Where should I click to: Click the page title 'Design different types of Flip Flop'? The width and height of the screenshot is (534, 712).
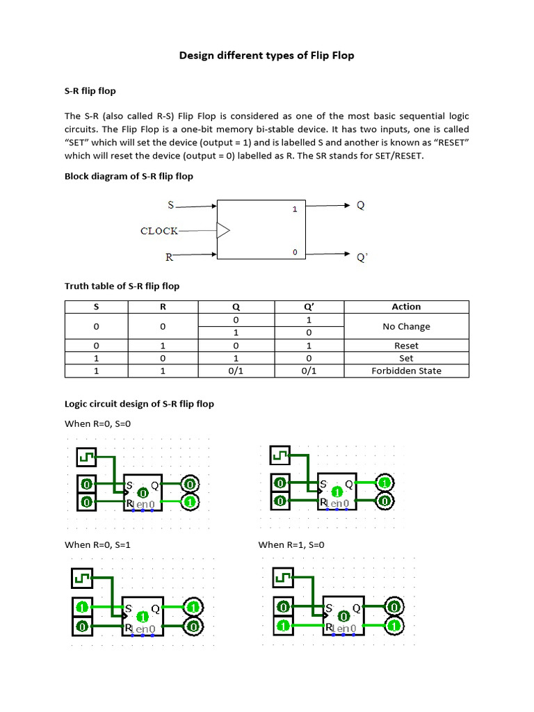(x=266, y=56)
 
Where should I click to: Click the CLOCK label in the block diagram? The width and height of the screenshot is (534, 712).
(x=159, y=231)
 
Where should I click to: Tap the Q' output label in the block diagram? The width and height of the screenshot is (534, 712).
(x=362, y=257)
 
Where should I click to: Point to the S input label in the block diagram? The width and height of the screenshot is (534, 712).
(x=171, y=205)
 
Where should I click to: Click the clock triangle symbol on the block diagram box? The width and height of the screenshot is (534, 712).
(x=223, y=230)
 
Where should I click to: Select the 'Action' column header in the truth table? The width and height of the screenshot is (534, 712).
(x=406, y=307)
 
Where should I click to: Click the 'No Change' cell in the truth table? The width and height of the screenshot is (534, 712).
(x=406, y=326)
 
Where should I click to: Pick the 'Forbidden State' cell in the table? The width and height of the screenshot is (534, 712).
(x=406, y=371)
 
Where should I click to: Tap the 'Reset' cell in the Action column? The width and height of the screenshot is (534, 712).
(x=406, y=346)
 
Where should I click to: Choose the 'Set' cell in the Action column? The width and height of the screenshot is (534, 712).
(x=406, y=358)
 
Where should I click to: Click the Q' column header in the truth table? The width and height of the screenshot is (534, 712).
(x=309, y=307)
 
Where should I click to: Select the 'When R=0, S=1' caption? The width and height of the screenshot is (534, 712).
(x=98, y=545)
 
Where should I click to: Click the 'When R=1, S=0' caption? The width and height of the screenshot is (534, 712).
(x=291, y=545)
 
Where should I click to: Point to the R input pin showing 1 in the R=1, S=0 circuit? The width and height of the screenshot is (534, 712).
(x=283, y=626)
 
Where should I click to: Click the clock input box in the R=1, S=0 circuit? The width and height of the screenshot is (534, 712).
(x=283, y=577)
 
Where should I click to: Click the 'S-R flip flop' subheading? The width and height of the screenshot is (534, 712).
(x=90, y=91)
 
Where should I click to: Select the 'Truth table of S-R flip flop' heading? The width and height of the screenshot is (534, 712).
(x=122, y=286)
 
